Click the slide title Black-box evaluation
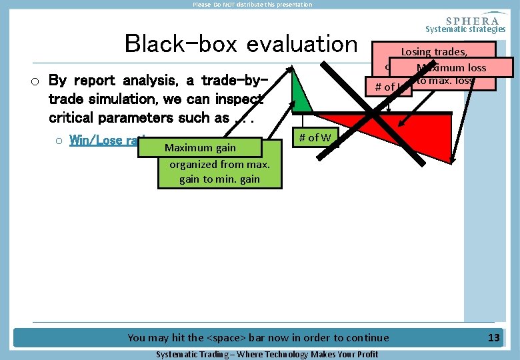[x=241, y=44]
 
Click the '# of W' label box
[x=315, y=138]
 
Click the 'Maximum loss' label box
[x=451, y=67]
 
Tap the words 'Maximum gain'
[x=200, y=148]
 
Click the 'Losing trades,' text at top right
[x=434, y=51]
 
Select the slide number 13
[x=493, y=338]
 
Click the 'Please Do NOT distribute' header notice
[x=252, y=5]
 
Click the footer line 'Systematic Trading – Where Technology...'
[x=267, y=354]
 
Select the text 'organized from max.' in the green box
[x=219, y=164]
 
